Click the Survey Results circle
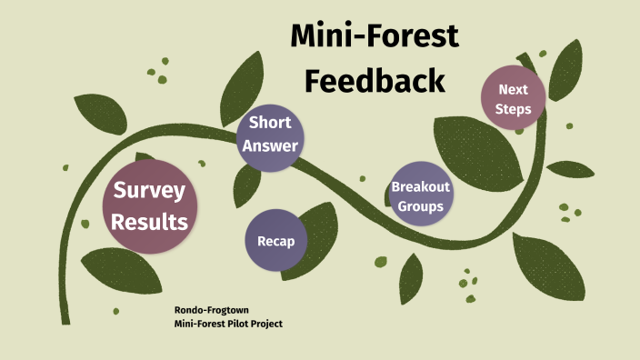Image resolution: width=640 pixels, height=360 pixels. click(x=150, y=205)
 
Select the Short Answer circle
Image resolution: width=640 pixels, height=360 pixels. click(x=269, y=134)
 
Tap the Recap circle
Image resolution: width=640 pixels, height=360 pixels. click(x=276, y=241)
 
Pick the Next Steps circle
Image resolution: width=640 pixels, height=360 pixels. click(x=514, y=99)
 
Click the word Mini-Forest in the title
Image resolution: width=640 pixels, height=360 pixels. click(x=374, y=35)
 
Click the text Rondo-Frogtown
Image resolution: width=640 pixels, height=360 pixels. click(x=211, y=311)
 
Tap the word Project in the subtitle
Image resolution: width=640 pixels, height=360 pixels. click(x=276, y=324)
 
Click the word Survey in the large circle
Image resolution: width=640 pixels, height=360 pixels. click(x=150, y=191)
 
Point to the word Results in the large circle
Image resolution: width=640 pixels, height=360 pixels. click(x=150, y=221)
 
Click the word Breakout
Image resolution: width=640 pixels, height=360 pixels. click(x=421, y=186)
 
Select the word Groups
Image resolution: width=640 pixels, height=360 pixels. click(x=420, y=205)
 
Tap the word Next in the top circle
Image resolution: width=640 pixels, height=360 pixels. click(x=514, y=89)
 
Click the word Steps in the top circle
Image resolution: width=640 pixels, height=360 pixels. click(x=514, y=109)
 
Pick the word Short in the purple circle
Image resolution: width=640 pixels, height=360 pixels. click(x=269, y=123)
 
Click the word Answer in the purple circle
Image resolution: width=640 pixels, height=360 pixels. click(x=269, y=144)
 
